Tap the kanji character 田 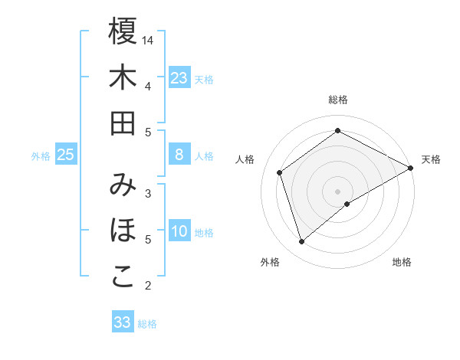pyautogui.click(x=123, y=123)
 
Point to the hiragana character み pyautogui.click(x=123, y=185)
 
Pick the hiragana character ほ pyautogui.click(x=123, y=231)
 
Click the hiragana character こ pyautogui.click(x=123, y=277)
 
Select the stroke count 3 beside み pyautogui.click(x=148, y=193)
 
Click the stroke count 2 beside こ pyautogui.click(x=148, y=286)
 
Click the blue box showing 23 pyautogui.click(x=179, y=77)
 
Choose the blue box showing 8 pyautogui.click(x=179, y=155)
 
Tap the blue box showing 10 pyautogui.click(x=179, y=232)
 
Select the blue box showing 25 pyautogui.click(x=66, y=155)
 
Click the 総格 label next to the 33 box pyautogui.click(x=147, y=324)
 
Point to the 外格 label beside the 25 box pyautogui.click(x=41, y=156)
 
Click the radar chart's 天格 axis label pyautogui.click(x=431, y=159)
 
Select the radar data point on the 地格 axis pyautogui.click(x=347, y=204)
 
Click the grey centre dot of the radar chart pyautogui.click(x=338, y=191)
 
